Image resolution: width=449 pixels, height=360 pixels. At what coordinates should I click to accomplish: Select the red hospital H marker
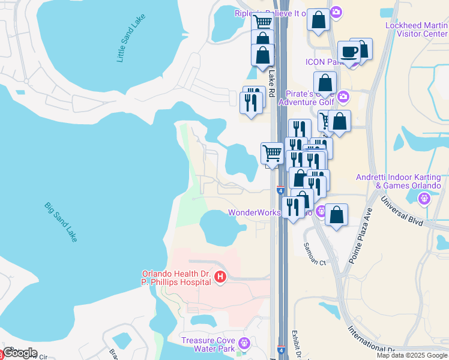220,277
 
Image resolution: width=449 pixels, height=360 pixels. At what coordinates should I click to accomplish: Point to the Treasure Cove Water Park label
208,344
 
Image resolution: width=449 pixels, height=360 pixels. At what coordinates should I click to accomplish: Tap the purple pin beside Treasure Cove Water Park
244,343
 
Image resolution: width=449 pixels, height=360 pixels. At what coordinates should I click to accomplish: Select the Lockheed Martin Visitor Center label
416,29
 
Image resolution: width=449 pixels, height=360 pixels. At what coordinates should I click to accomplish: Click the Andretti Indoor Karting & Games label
398,181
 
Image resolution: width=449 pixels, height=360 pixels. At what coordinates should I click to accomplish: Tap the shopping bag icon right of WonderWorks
337,215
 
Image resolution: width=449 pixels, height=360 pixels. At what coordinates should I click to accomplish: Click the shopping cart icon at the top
262,23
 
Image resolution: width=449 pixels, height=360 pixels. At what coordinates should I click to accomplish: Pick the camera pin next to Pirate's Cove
343,95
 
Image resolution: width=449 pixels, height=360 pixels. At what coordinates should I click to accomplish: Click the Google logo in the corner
19,353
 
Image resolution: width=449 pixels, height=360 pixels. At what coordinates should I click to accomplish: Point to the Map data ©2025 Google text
411,355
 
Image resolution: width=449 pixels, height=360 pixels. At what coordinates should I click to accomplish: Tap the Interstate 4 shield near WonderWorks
280,190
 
